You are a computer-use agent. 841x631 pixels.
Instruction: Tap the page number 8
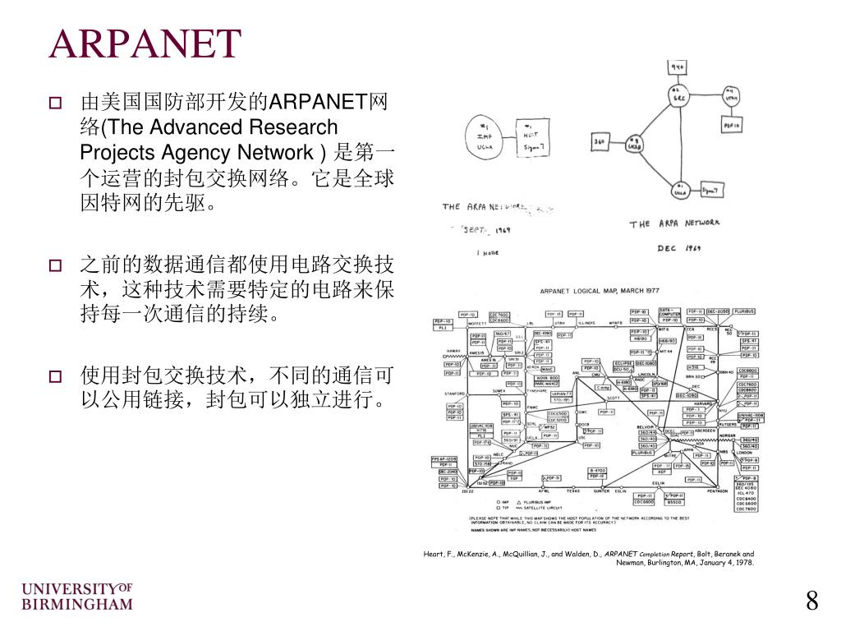pos(811,601)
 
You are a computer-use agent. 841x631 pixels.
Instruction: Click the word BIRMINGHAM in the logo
pos(76,604)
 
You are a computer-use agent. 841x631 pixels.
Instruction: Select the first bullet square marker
pos(55,104)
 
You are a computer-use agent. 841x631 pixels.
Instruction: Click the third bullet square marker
pos(55,377)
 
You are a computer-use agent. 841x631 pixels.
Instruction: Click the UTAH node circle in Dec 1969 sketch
pos(731,96)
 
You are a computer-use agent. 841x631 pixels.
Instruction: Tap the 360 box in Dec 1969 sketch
pos(599,143)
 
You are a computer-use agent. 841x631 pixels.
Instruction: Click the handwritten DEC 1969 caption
pos(678,247)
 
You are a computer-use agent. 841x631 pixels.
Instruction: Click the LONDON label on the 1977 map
pos(744,453)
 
